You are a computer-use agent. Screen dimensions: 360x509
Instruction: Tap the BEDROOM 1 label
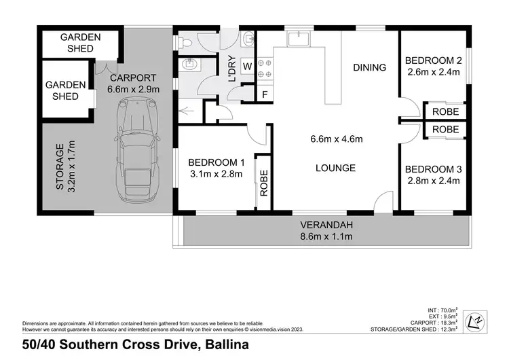tap(216, 162)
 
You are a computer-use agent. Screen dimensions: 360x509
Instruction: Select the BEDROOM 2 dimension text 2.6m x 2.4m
tap(434, 71)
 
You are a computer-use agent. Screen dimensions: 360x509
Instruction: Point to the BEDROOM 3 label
tap(433, 168)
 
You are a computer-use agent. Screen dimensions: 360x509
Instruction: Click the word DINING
tap(369, 67)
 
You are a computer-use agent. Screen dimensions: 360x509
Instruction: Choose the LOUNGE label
tap(335, 168)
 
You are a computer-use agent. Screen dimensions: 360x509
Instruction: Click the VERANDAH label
tap(327, 225)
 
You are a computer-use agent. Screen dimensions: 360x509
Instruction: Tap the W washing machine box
tap(246, 66)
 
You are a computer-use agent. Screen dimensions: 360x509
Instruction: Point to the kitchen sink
tap(296, 40)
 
